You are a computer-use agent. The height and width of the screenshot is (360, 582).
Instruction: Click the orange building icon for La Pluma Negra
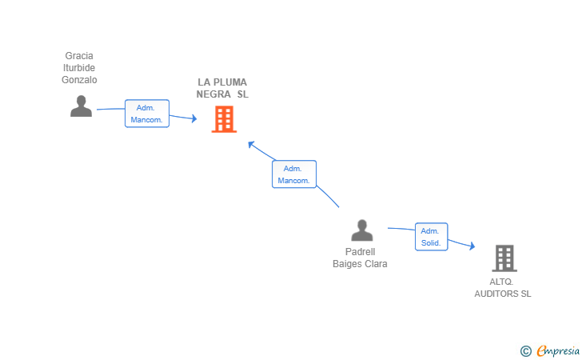click(x=224, y=119)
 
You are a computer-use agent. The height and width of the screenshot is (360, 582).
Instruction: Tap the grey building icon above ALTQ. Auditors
click(x=504, y=258)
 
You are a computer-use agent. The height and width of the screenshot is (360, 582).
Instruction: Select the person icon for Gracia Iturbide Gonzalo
click(x=81, y=106)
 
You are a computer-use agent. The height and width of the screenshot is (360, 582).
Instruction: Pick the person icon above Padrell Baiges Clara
click(x=362, y=230)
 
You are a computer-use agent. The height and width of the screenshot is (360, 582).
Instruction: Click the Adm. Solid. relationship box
click(x=432, y=237)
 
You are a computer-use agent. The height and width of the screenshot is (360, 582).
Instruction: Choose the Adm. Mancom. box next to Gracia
click(x=147, y=114)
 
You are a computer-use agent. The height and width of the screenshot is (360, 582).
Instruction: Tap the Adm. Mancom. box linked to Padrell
click(x=294, y=174)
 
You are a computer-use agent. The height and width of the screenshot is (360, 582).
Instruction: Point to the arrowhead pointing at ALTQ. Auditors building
click(x=472, y=246)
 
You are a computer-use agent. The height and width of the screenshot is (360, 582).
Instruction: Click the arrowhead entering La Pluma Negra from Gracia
click(x=194, y=118)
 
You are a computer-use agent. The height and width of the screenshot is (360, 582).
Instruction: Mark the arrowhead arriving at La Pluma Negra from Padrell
click(x=251, y=145)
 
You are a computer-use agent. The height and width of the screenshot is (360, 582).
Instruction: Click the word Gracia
click(x=79, y=56)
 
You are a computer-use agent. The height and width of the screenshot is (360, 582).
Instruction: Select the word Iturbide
click(x=79, y=68)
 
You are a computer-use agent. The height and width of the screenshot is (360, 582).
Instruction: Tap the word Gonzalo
click(x=79, y=80)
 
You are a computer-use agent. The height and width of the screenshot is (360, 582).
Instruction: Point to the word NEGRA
click(x=213, y=94)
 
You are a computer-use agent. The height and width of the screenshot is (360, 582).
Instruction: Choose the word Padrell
click(x=360, y=252)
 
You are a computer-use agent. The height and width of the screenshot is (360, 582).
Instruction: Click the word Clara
click(x=377, y=264)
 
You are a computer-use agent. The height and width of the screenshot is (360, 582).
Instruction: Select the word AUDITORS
click(x=496, y=294)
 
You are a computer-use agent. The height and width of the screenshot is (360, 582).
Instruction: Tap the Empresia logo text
click(x=558, y=350)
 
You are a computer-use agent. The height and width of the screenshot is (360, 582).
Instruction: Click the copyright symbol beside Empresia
click(x=525, y=351)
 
